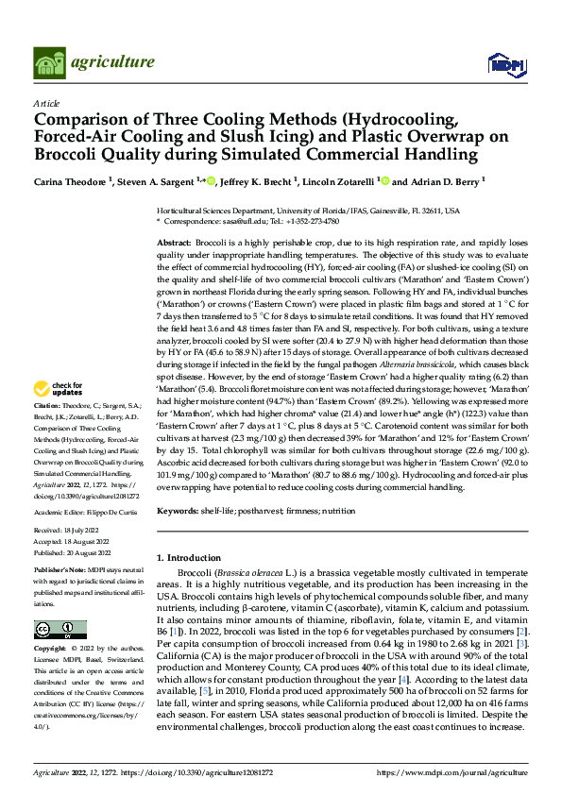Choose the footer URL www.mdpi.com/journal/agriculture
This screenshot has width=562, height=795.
tap(457, 771)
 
